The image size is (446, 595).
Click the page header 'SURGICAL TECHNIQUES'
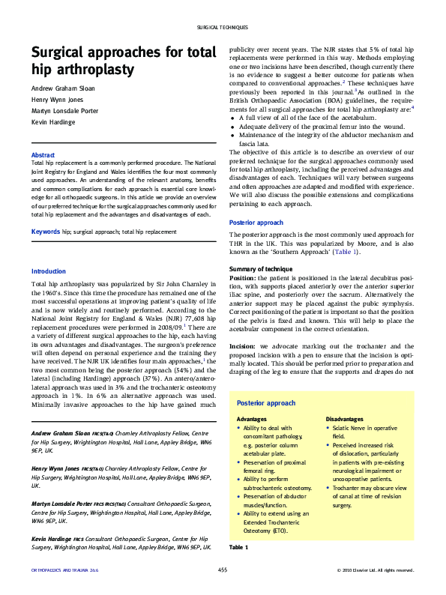pyautogui.click(x=223, y=27)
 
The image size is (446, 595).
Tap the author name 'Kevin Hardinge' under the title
pyautogui.click(x=53, y=121)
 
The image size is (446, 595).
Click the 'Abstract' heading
pyautogui.click(x=43, y=155)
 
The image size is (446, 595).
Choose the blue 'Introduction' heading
pyautogui.click(x=49, y=271)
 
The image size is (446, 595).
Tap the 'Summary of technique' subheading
pyautogui.click(x=260, y=268)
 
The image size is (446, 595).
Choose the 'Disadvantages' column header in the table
pyautogui.click(x=345, y=418)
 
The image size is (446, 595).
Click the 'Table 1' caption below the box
pyautogui.click(x=238, y=548)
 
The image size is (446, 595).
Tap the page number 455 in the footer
pyautogui.click(x=223, y=571)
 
